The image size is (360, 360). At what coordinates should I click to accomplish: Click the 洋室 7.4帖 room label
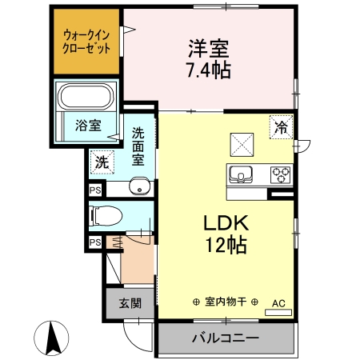tap(210, 58)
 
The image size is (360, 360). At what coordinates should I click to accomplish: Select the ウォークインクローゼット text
tap(87, 39)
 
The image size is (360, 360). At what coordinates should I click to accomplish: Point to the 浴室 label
tap(87, 125)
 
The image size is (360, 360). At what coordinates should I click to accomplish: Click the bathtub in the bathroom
tap(87, 97)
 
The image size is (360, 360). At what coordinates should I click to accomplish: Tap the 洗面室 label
tap(138, 145)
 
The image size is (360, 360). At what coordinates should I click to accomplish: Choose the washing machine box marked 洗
tap(101, 160)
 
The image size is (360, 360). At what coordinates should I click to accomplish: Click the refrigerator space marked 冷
tap(281, 126)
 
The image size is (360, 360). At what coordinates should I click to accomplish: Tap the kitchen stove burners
tap(281, 174)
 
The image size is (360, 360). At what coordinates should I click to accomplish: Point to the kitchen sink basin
tap(241, 174)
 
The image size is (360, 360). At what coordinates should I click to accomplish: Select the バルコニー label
tap(225, 338)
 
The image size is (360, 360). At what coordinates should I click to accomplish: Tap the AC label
tap(278, 303)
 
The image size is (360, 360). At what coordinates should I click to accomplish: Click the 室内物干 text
tap(225, 302)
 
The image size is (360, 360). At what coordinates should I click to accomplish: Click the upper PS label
tap(95, 190)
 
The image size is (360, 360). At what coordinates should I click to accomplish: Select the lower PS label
tap(95, 242)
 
